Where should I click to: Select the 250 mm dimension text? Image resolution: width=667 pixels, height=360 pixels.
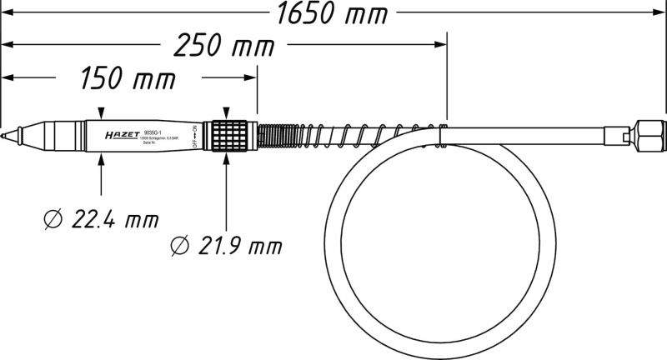pos(226,46)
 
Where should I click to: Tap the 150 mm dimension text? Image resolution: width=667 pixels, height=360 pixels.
pos(128,81)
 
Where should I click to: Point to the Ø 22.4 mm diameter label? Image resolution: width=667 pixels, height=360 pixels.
pos(100,220)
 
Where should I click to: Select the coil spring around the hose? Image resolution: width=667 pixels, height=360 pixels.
pos(350,134)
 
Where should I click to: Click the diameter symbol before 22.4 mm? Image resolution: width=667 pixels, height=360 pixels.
pos(52,221)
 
